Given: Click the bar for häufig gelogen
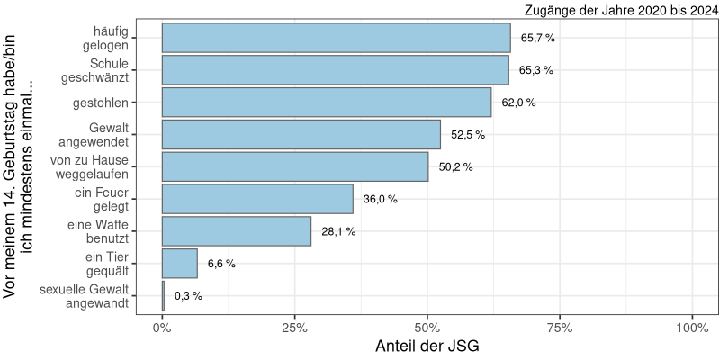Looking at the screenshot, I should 336,38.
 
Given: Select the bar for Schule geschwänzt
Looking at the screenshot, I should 335,70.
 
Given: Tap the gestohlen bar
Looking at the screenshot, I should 327,103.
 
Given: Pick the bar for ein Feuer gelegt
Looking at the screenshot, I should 257,199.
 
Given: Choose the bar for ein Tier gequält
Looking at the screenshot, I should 180,264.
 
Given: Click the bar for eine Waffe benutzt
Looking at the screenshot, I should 237,231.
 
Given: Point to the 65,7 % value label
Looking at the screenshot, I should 538,38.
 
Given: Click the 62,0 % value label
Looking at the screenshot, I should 518,103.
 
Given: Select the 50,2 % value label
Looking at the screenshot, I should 455,167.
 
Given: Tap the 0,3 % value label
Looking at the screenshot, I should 188,296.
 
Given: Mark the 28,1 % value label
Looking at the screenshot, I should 338,231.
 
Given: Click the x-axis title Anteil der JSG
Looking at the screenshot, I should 427,346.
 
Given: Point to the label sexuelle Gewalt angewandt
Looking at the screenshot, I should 85,296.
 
